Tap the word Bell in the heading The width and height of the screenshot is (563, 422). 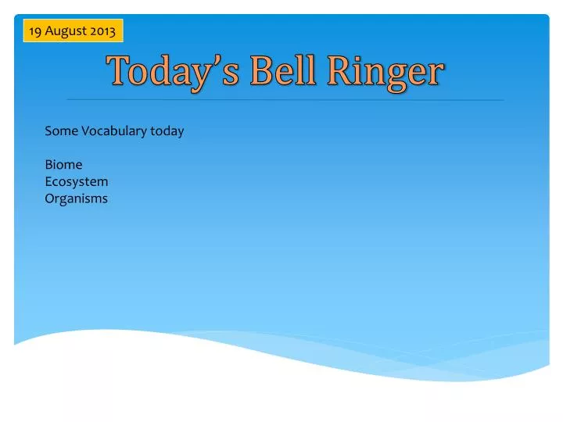[x=283, y=72]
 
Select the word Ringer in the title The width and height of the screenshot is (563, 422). [x=385, y=73]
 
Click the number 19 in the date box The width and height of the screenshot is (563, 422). [x=34, y=31]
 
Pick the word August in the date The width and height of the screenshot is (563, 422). [x=65, y=31]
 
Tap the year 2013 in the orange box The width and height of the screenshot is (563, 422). [x=102, y=31]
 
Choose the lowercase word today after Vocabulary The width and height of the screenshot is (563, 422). [x=167, y=131]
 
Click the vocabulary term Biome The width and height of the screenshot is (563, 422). [x=63, y=165]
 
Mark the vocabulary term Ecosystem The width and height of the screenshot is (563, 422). [x=77, y=182]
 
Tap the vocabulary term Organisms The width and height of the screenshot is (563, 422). [x=76, y=198]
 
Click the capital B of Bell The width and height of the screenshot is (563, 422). [x=261, y=72]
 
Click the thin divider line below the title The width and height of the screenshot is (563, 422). [x=285, y=100]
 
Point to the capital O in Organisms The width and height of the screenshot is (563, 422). [x=50, y=198]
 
